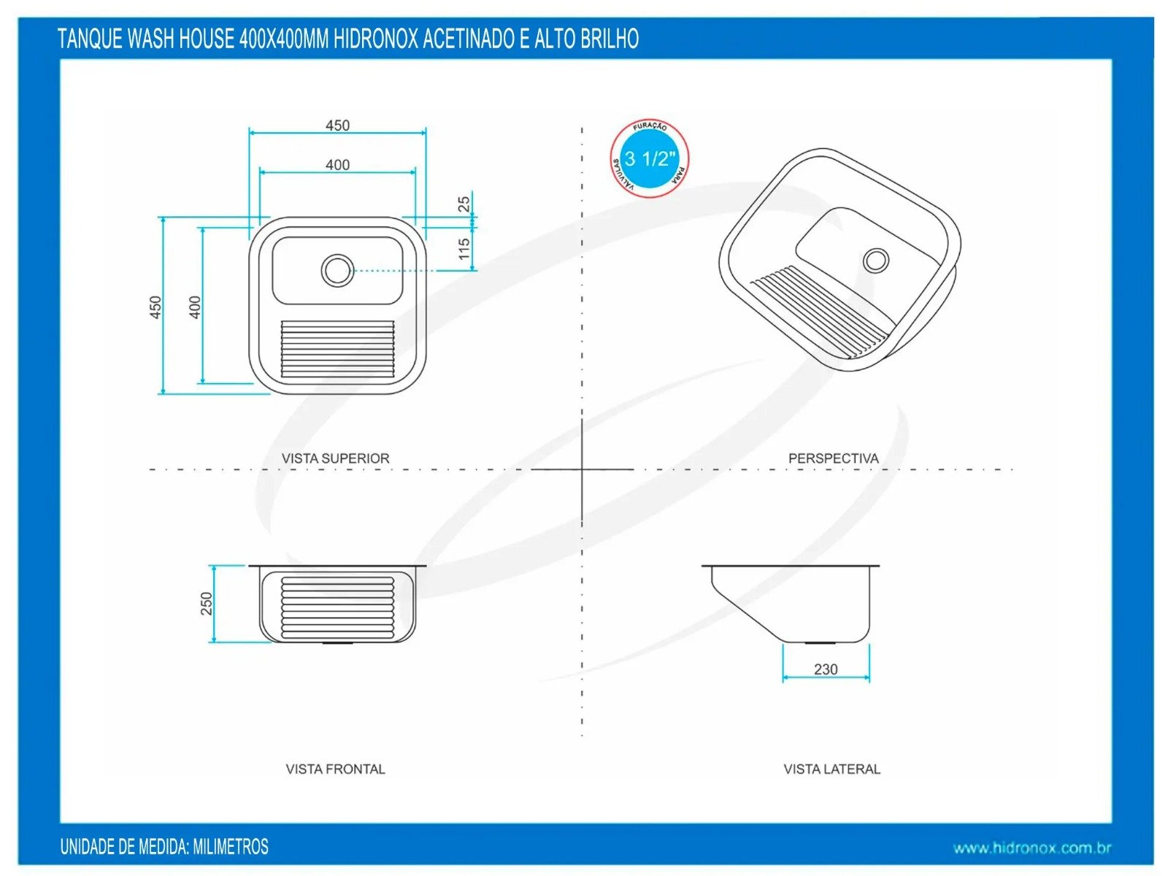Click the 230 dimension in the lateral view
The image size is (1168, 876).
tap(825, 669)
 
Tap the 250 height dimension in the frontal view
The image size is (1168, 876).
tap(207, 603)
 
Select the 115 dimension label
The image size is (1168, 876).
tap(464, 248)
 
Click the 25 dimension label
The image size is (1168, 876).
tap(464, 204)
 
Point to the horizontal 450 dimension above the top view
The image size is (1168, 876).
tap(337, 126)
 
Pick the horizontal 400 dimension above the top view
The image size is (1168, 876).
tap(337, 165)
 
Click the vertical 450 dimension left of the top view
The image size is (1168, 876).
tap(155, 307)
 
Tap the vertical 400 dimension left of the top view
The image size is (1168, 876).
tap(195, 307)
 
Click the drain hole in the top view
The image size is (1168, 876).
tap(337, 270)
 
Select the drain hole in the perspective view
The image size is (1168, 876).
tap(875, 260)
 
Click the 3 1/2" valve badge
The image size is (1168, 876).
tap(649, 159)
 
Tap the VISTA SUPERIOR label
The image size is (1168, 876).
tap(336, 458)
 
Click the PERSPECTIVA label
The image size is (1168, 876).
tap(833, 458)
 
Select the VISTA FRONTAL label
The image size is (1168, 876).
tap(335, 769)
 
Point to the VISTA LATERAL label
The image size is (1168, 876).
tap(831, 769)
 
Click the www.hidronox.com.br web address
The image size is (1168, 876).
tap(1031, 848)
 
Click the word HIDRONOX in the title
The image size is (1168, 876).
tap(375, 39)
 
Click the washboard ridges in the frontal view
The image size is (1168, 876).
tap(337, 606)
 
